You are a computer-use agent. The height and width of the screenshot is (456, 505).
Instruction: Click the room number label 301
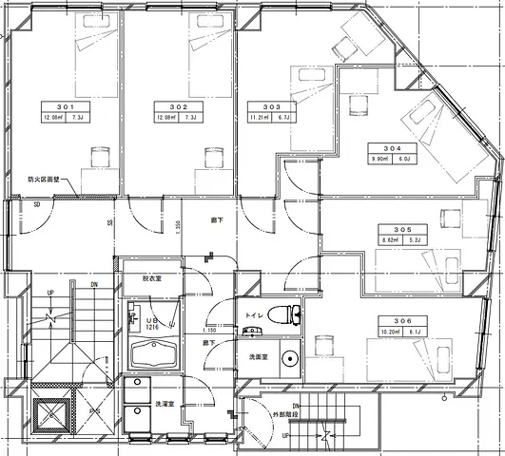65,105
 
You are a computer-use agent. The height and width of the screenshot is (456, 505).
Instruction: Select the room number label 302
179,105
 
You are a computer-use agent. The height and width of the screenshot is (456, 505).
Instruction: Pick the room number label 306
399,322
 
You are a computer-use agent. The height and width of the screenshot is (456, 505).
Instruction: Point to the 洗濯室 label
168,404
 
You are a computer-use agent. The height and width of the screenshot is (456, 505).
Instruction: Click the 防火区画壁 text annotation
45,178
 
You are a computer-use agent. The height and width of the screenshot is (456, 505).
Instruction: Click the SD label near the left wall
35,204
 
